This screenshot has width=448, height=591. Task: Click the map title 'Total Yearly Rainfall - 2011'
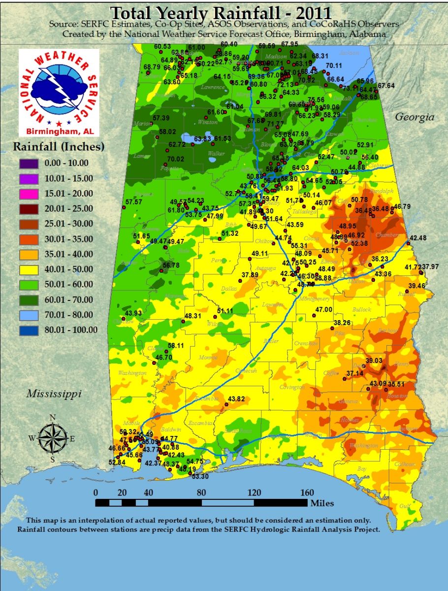coord(221,12)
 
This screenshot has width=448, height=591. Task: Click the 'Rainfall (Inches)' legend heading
coord(59,146)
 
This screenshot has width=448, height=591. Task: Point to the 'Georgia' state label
coord(416,117)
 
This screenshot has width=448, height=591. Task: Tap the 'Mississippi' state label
coord(54,394)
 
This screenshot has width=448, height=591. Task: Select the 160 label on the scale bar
coord(307,493)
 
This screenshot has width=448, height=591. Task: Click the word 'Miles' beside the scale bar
coord(322,503)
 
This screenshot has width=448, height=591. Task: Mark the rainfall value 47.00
coord(323,309)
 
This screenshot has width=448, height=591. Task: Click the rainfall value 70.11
coord(334,66)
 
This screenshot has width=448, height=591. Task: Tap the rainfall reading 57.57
coord(133,202)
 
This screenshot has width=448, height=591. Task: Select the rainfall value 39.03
coord(374,361)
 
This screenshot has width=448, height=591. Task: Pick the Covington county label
coord(292,388)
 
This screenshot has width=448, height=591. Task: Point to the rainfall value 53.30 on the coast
coord(200,476)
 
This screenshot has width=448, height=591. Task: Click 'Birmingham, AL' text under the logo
coord(59,131)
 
